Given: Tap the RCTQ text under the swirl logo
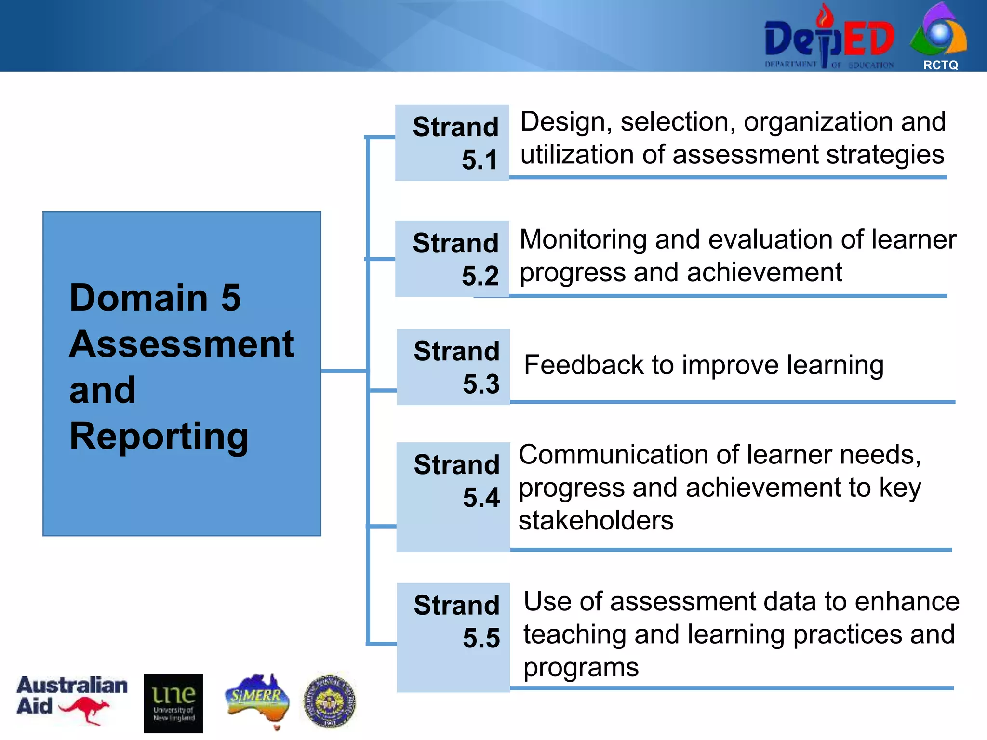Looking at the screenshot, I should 940,65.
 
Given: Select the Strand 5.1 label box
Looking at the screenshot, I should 452,143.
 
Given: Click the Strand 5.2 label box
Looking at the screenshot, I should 452,259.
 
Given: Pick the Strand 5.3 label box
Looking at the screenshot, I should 453,367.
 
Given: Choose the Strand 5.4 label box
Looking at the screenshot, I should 453,496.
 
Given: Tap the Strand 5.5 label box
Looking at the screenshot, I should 453,637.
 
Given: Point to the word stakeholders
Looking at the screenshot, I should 596,520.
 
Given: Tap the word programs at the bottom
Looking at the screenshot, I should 581,668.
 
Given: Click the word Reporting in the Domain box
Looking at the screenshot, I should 159,436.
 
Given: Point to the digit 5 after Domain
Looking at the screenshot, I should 231,297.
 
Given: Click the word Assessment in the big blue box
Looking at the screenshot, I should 181,344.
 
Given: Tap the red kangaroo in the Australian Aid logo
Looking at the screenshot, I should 84,710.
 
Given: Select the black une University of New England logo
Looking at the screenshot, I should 173,703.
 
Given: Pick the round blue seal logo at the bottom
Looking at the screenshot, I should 330,701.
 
